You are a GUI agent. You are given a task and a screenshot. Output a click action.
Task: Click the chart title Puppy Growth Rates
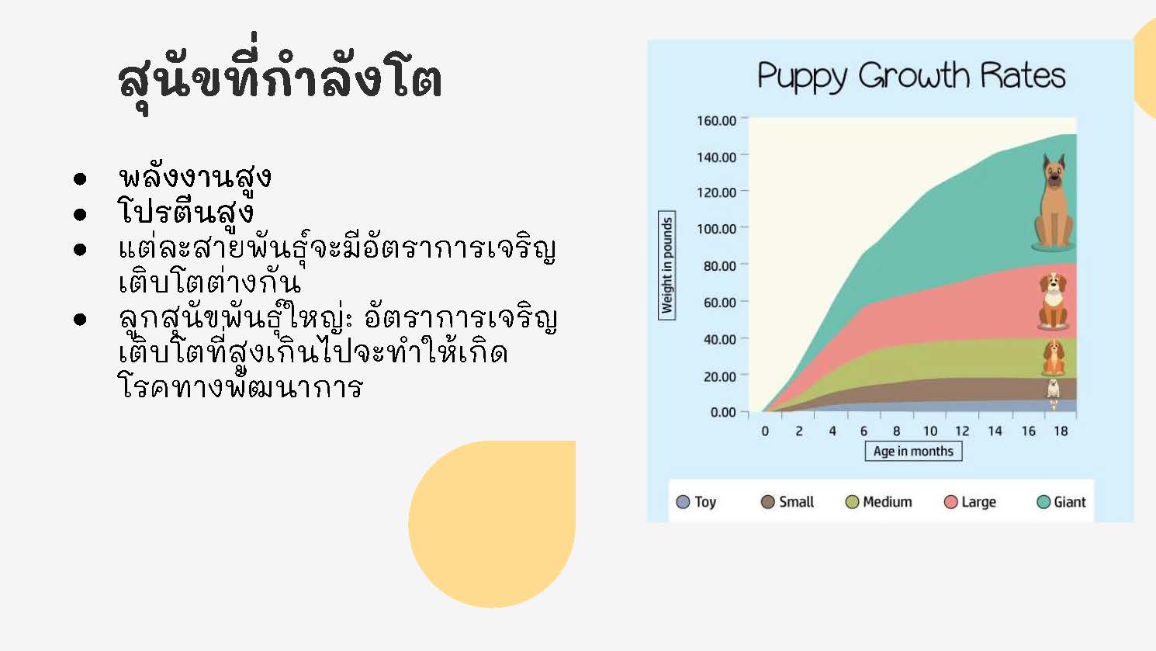pos(912,77)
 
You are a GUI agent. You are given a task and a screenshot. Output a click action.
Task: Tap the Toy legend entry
pos(696,502)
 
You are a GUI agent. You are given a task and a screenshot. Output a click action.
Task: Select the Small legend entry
pos(787,502)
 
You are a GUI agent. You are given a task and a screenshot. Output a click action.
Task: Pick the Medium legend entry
pos(878,502)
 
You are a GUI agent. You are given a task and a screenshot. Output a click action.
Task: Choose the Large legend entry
pos(970,502)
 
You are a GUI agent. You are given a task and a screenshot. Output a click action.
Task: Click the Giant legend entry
pos(1061,502)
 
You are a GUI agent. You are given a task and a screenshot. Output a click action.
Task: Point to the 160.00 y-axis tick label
pos(716,121)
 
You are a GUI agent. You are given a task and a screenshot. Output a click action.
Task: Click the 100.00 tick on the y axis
pos(716,229)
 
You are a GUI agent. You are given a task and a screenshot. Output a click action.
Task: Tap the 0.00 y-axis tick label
pos(723,412)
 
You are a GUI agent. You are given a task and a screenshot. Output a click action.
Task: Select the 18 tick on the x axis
pos(1061,431)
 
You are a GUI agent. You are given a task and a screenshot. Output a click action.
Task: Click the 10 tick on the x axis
pos(930,431)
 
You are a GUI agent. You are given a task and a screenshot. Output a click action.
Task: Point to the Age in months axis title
pos(913,452)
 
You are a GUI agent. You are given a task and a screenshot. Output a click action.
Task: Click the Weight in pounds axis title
pos(666,265)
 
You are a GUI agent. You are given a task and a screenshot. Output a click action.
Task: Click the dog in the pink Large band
pos(1053,301)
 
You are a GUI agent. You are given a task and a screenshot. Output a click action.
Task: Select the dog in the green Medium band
pos(1054,357)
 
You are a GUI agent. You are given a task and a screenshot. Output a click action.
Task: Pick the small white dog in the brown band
pos(1053,389)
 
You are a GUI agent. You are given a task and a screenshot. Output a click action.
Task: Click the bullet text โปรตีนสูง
pos(185,212)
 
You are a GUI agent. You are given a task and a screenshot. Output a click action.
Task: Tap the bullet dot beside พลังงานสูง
pos(80,179)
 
